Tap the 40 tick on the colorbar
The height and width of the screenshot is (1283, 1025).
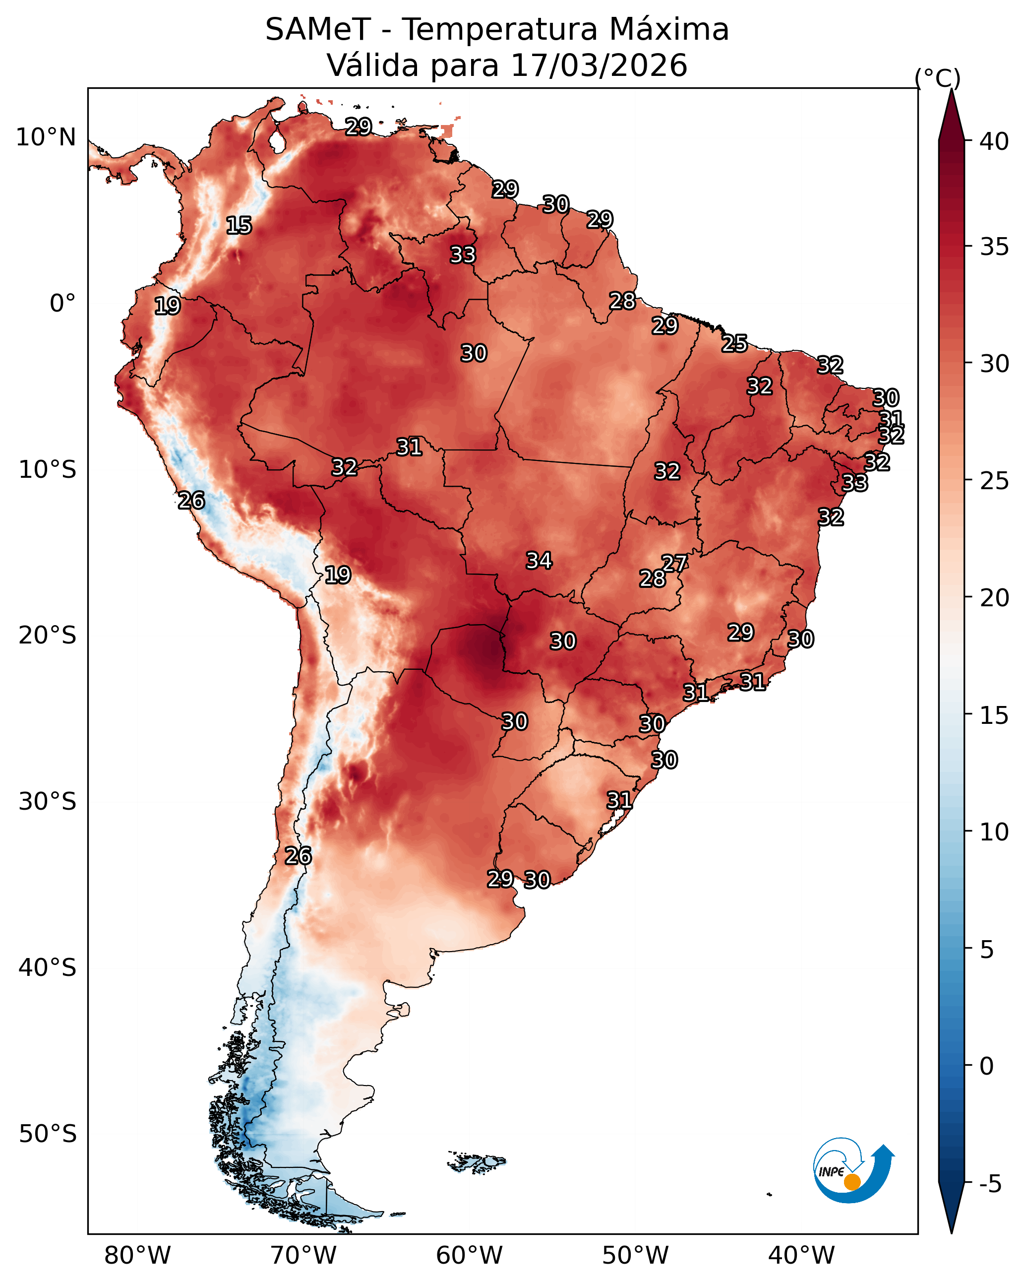click(x=967, y=141)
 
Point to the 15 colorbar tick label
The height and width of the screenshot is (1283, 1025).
click(x=994, y=716)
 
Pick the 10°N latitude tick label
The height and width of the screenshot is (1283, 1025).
click(x=46, y=137)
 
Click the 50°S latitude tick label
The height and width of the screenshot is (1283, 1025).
click(x=48, y=1134)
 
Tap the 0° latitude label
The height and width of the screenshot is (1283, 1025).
click(x=62, y=304)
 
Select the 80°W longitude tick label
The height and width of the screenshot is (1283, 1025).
click(x=137, y=1255)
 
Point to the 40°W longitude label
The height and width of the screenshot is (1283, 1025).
click(x=801, y=1255)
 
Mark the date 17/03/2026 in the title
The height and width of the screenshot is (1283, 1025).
click(x=599, y=65)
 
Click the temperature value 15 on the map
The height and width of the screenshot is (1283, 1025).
click(x=239, y=226)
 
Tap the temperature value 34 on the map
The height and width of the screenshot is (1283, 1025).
click(x=539, y=561)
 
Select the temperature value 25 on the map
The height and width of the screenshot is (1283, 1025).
click(x=735, y=343)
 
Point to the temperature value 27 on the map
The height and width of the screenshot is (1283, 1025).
click(x=674, y=563)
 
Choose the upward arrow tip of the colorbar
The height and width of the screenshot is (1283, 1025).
click(x=951, y=89)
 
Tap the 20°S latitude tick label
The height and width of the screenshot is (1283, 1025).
click(x=48, y=636)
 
